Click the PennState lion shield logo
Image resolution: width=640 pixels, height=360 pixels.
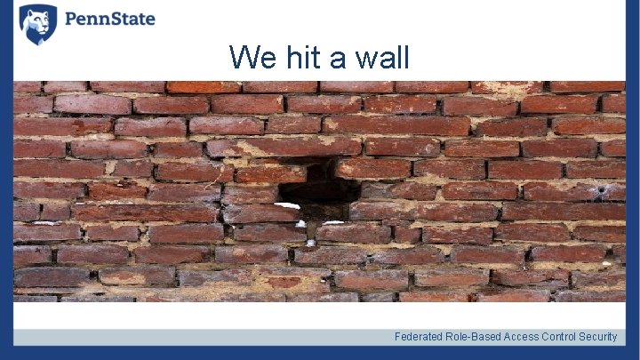[x=37, y=24]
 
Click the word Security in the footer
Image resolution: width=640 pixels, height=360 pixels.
[x=598, y=337]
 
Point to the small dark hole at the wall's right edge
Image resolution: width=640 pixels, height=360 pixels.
[x=602, y=189]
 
